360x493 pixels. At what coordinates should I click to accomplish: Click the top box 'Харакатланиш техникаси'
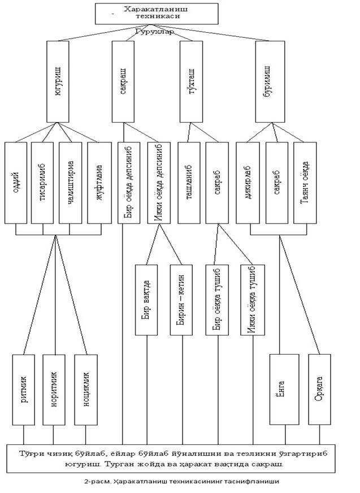(157, 14)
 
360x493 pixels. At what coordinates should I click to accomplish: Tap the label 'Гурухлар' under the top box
(154, 32)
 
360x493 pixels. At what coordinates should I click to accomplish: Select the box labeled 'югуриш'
(58, 81)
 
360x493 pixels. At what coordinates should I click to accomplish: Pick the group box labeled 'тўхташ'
(192, 81)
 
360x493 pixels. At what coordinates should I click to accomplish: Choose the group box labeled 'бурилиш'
(270, 81)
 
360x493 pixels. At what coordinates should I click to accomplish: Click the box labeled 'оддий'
(16, 183)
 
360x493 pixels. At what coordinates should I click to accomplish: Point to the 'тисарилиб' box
(43, 183)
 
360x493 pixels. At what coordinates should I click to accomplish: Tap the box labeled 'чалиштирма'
(70, 183)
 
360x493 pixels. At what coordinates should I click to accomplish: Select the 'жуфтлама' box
(99, 183)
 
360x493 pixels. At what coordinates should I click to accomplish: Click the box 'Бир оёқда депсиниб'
(129, 183)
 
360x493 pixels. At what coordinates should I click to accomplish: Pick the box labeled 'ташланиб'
(189, 183)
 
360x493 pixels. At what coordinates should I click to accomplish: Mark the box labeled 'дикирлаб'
(248, 183)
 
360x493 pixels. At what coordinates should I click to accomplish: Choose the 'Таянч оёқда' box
(305, 183)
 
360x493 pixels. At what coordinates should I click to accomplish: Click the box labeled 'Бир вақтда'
(146, 300)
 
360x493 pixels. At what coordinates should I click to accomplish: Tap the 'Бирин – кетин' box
(181, 300)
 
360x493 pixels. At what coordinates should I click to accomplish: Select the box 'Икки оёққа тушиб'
(253, 300)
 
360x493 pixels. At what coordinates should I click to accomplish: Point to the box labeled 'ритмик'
(24, 390)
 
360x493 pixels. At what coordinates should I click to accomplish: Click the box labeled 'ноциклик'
(86, 390)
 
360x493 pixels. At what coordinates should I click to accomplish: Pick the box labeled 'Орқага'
(319, 390)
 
